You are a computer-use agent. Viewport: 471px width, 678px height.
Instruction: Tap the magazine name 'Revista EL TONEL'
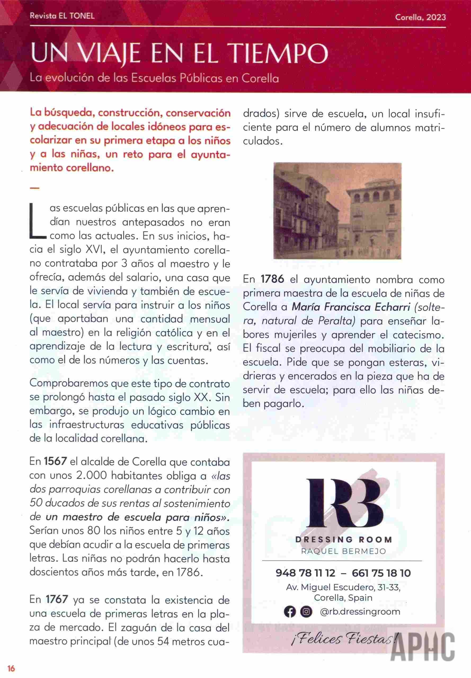click(62, 16)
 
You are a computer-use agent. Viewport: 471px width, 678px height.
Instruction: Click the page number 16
click(11, 668)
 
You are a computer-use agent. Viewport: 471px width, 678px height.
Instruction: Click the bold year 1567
click(55, 461)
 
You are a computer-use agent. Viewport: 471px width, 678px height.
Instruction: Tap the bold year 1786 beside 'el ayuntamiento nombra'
click(272, 279)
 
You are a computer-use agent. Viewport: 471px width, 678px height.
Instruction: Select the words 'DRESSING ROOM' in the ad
click(344, 539)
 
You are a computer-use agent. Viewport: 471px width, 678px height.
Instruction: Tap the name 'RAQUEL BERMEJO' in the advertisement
click(344, 551)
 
